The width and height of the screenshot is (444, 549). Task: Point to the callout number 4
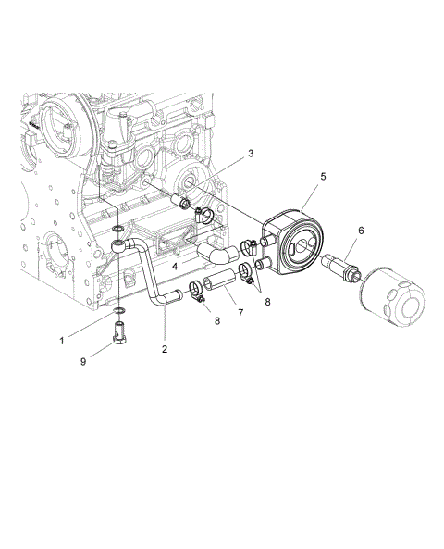click(174, 266)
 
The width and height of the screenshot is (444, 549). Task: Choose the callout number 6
click(360, 229)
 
